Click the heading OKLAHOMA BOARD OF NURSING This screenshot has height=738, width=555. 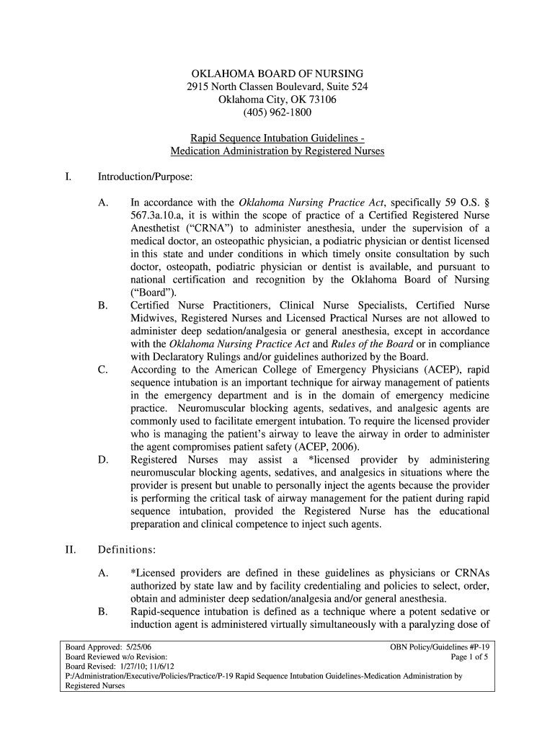[277, 74]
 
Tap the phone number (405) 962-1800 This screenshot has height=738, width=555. [277, 113]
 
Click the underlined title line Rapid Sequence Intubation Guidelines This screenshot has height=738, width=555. [277, 138]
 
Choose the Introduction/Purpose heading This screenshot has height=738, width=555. [144, 177]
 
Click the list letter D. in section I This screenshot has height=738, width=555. [103, 460]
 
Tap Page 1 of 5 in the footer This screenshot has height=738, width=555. [469, 657]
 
